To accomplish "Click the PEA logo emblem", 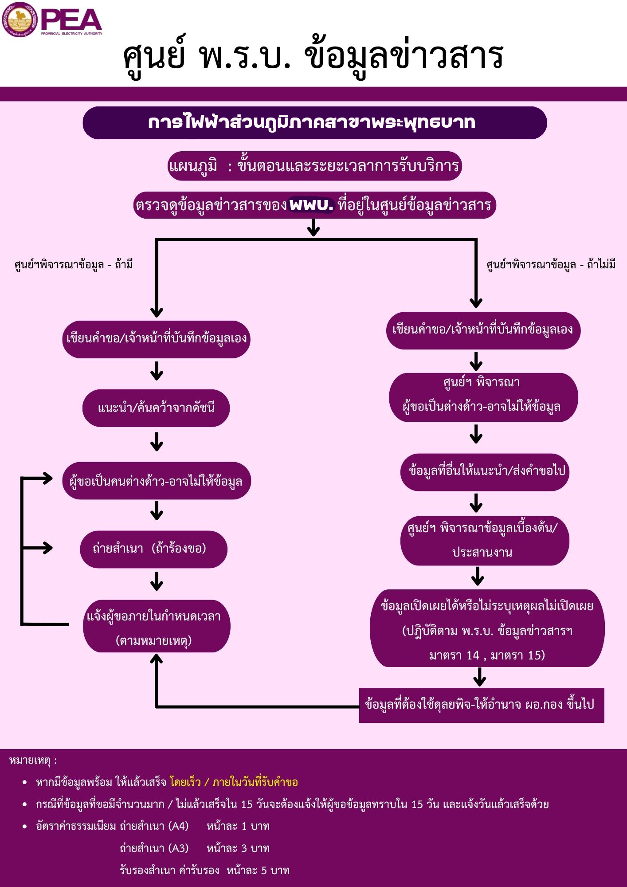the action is (19, 20).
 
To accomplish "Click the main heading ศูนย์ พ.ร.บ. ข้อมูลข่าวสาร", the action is (313, 56).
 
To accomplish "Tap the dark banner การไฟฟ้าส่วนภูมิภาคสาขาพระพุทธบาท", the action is (315, 123).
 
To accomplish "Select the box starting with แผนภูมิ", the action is (315, 166).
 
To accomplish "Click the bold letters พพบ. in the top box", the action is (311, 205).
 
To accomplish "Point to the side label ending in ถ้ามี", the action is (74, 265).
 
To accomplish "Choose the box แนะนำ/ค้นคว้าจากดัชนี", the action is (156, 408).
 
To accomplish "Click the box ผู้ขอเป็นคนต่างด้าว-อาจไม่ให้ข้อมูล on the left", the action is (157, 481).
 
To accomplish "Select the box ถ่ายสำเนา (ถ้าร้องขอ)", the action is (153, 549).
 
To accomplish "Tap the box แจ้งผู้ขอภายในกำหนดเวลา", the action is (157, 626).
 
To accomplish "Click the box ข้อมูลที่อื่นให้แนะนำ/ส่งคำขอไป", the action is (485, 472).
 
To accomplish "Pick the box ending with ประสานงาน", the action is (485, 541).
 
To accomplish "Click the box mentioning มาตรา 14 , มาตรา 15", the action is (487, 628).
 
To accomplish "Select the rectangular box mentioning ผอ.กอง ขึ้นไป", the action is (482, 705).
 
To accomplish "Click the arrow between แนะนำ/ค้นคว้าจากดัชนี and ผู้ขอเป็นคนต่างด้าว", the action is (157, 441).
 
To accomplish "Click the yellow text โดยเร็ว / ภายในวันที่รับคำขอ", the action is (234, 781).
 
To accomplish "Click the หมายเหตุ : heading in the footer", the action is (33, 760).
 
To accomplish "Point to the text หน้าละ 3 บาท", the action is (238, 848).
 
